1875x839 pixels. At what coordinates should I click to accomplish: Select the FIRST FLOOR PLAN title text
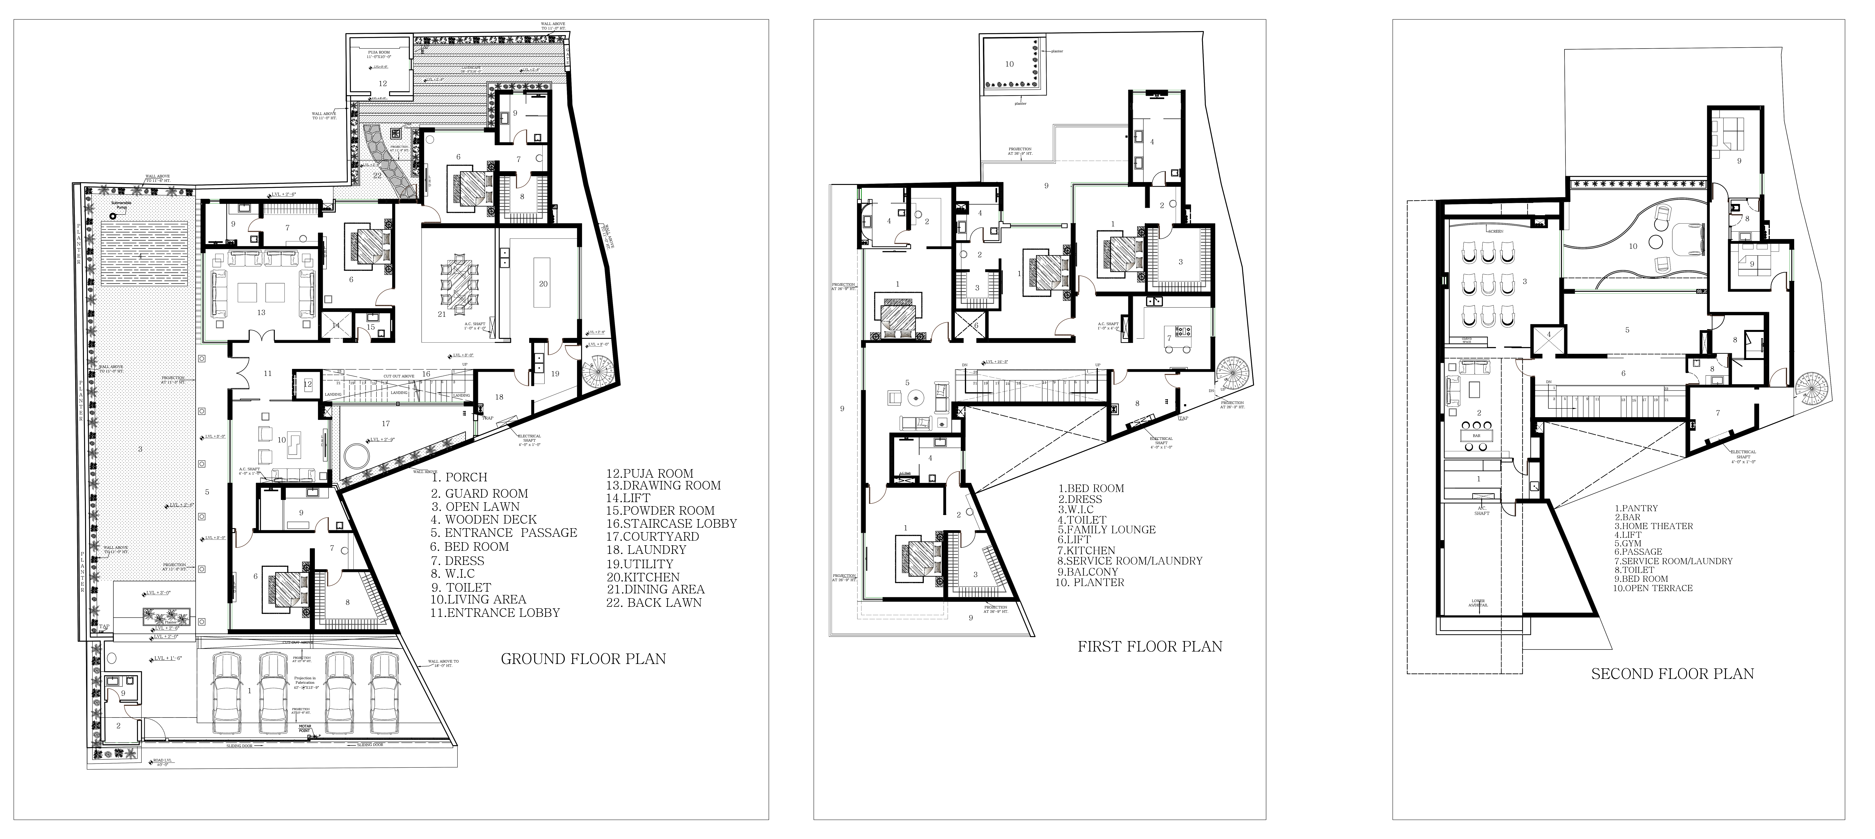point(1149,646)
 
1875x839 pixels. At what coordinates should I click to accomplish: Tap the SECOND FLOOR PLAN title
point(1672,674)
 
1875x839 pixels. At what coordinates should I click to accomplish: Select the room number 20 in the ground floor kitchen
point(543,283)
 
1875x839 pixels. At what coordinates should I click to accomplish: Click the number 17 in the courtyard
point(386,423)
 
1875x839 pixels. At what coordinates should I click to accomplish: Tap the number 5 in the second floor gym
point(1627,330)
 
